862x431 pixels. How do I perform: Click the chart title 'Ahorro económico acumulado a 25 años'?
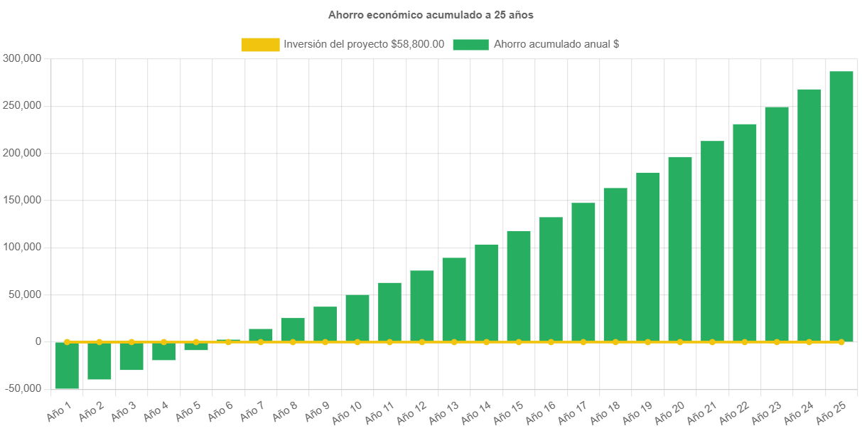[x=431, y=14]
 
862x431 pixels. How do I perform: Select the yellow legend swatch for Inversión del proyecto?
[x=260, y=44]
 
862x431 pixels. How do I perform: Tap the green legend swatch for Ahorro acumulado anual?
[x=470, y=44]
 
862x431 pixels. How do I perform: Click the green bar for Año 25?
[x=841, y=206]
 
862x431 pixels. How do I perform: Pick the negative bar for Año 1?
[x=67, y=366]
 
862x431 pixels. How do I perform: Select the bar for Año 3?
[x=131, y=356]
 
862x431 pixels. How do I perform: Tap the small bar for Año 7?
[x=261, y=334]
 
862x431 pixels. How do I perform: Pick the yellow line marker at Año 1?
[x=67, y=342]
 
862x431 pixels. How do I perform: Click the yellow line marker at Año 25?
[x=841, y=342]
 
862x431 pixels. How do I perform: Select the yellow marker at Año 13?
[x=454, y=342]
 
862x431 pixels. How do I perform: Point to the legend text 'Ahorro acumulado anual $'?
[x=556, y=44]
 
